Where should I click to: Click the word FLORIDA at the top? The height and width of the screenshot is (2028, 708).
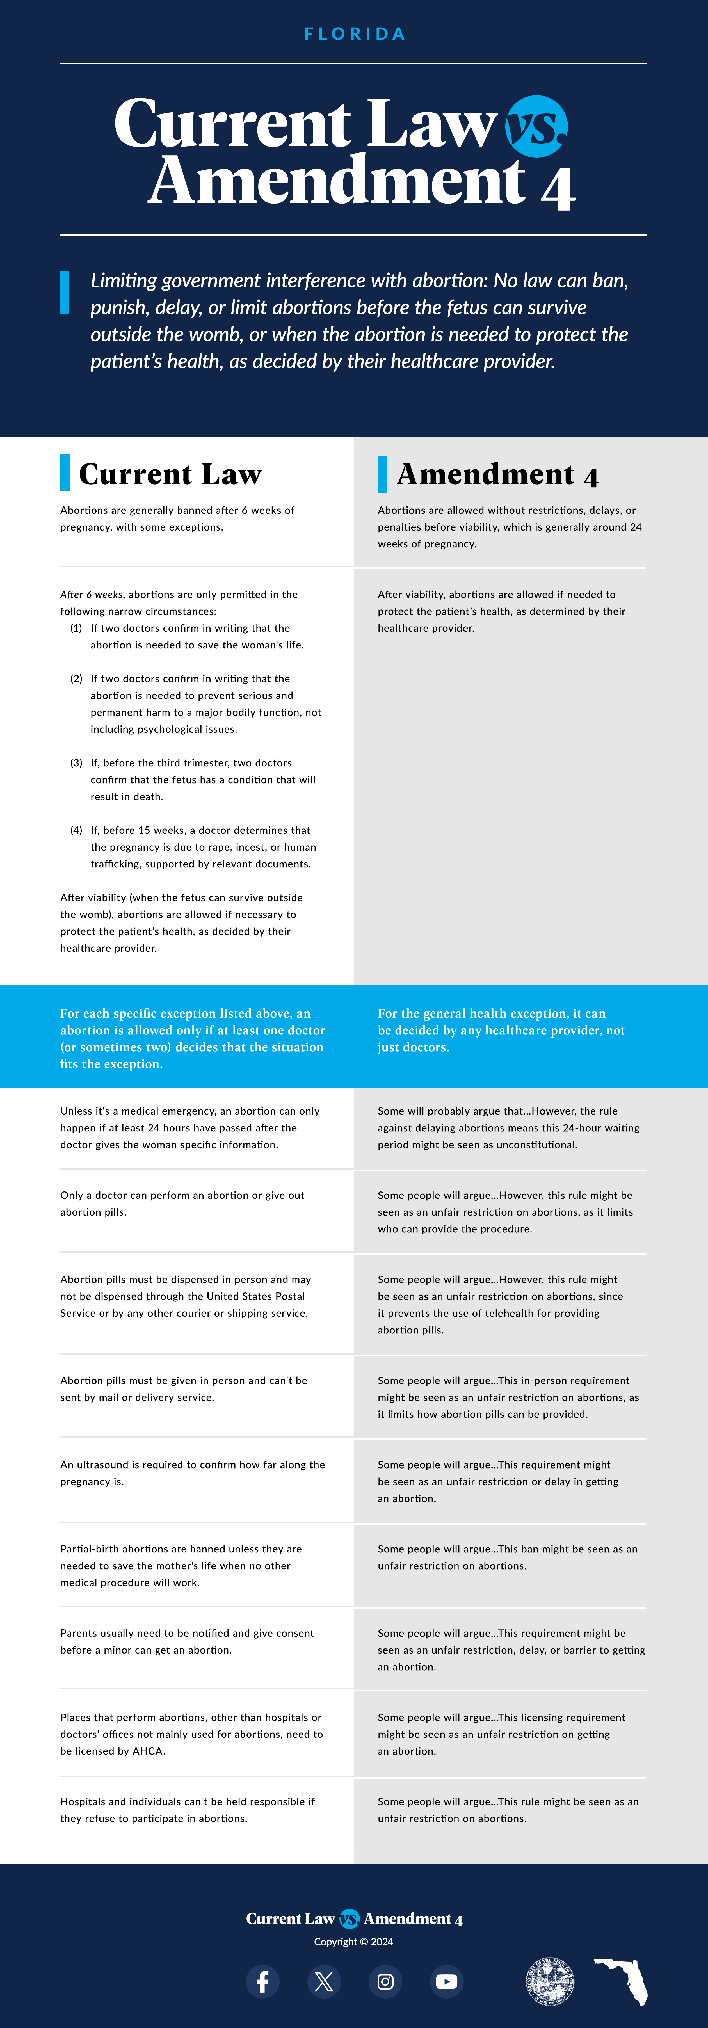point(354,34)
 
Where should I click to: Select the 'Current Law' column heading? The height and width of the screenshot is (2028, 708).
point(170,474)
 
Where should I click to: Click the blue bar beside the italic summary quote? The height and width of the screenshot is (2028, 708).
point(65,293)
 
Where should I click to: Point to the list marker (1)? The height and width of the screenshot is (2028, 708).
point(76,628)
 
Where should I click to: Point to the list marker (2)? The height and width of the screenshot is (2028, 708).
point(76,679)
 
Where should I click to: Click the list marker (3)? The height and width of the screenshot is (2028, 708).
point(76,763)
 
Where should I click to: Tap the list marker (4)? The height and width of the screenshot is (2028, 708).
point(76,831)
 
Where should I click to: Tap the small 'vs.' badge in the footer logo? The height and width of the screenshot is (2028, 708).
point(349,1919)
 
